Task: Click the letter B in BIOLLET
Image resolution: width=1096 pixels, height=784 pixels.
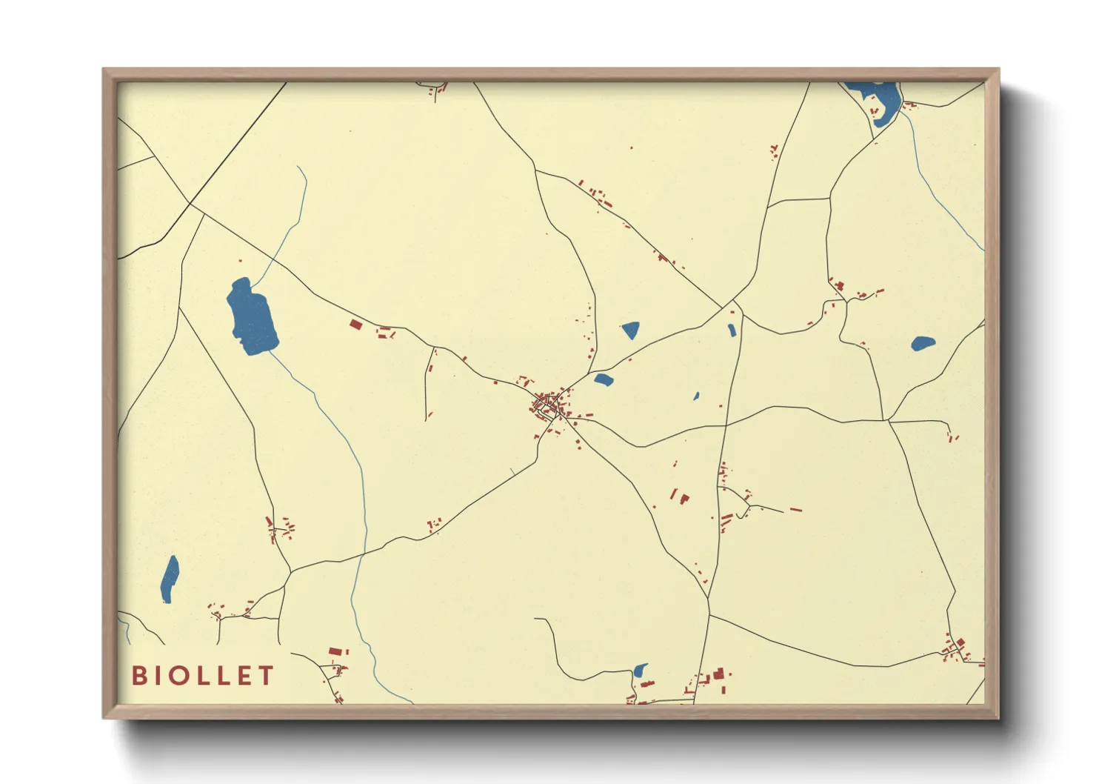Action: point(138,676)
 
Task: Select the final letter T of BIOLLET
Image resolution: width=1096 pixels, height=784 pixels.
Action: point(266,676)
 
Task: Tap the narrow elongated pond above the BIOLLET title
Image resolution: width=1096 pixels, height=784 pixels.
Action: point(170,579)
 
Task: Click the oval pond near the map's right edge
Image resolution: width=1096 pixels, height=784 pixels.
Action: point(922,344)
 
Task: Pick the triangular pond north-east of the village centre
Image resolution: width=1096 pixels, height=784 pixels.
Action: point(630,330)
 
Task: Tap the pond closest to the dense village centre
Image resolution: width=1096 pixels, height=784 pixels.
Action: point(604,380)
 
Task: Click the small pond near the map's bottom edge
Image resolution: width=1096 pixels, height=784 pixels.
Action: point(639,671)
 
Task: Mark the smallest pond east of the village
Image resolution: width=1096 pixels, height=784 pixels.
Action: point(696,396)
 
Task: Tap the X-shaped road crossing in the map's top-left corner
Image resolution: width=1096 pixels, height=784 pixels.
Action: point(190,203)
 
